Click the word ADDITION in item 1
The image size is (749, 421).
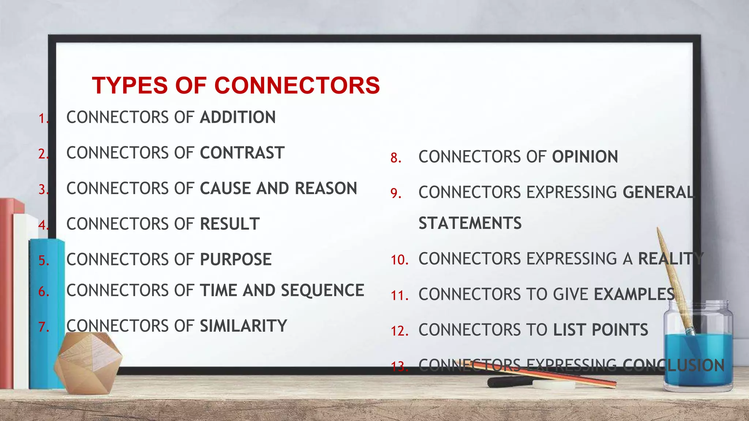tap(238, 117)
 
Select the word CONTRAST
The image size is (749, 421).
tap(242, 153)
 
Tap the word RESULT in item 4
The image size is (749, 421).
tap(230, 224)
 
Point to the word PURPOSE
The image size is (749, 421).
tap(236, 259)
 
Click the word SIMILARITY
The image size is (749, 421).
tap(243, 326)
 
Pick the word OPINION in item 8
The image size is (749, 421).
tap(585, 157)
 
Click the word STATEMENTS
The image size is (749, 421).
tap(470, 223)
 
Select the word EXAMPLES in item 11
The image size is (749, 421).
tap(634, 294)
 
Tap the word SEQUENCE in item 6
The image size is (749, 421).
tap(322, 291)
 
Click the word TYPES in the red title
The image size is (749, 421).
tap(130, 86)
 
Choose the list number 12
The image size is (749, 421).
tap(399, 331)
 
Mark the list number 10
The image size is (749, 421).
tap(399, 260)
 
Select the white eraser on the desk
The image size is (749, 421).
tap(553, 384)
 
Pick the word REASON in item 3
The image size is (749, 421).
tap(326, 189)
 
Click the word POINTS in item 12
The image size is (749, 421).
tap(620, 330)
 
